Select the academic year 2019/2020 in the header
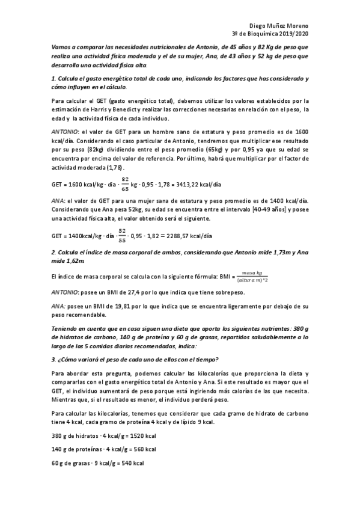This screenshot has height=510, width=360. click(293, 35)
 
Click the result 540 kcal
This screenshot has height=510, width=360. click(130, 464)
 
